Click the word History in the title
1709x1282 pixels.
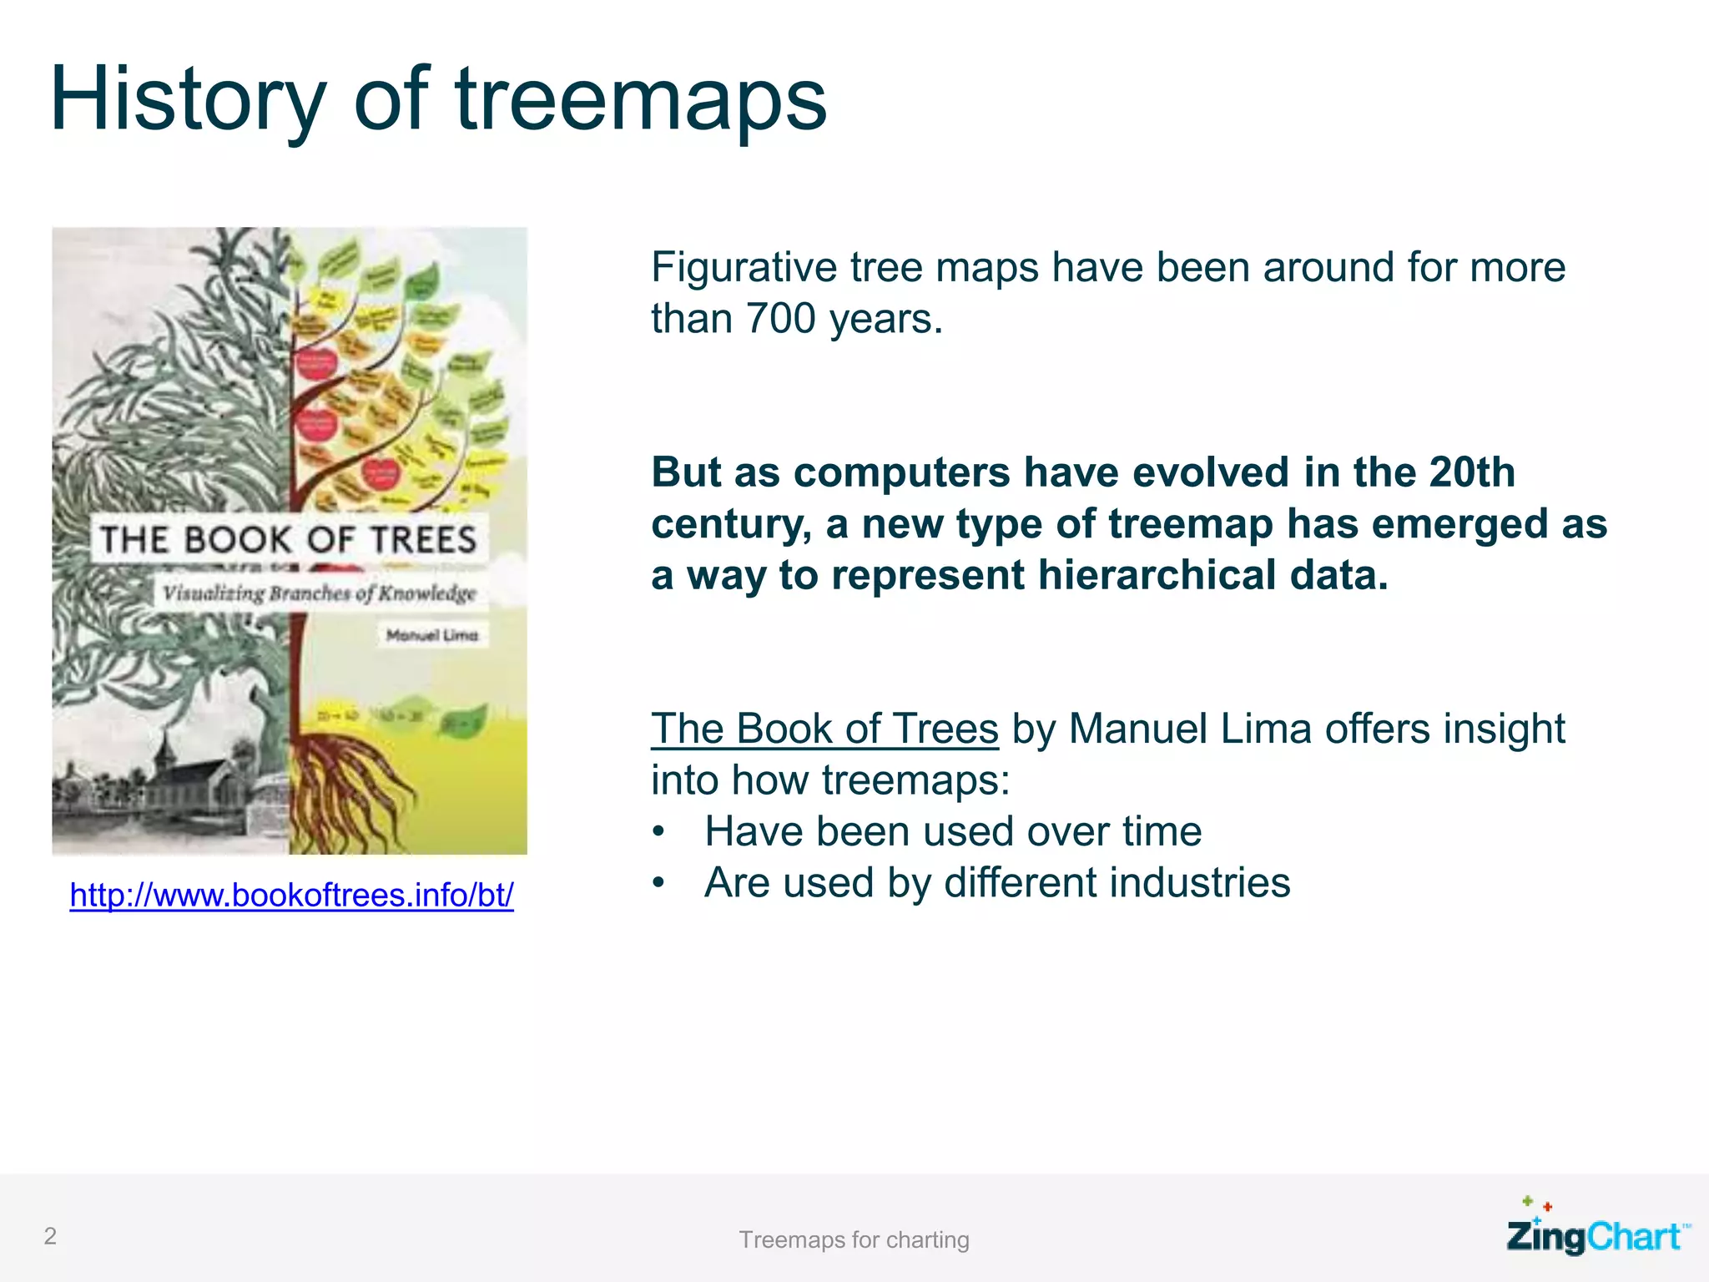[x=188, y=100]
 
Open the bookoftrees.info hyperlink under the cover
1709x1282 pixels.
[x=291, y=895]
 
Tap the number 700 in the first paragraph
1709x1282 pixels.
[x=780, y=319]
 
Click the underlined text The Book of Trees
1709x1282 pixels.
[x=824, y=729]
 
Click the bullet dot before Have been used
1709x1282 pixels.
[x=659, y=832]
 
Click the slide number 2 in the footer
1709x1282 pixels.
[x=50, y=1236]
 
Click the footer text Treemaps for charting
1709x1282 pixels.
[x=854, y=1240]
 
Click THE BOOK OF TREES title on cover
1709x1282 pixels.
[x=288, y=539]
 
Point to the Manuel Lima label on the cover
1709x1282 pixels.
[x=432, y=635]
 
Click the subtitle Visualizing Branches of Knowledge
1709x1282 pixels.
[x=319, y=593]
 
